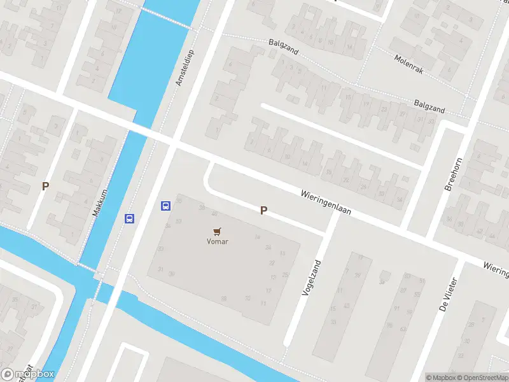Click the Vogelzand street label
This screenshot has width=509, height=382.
click(309, 276)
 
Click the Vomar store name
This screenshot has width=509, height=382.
click(217, 241)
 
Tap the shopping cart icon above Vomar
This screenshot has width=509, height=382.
click(218, 231)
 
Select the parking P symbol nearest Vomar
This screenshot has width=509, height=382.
click(263, 211)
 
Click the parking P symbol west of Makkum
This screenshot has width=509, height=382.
click(45, 186)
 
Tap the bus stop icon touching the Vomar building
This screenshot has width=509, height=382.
click(165, 206)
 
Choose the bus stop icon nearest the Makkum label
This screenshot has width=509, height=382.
click(130, 218)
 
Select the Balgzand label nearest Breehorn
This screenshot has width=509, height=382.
click(429, 106)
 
